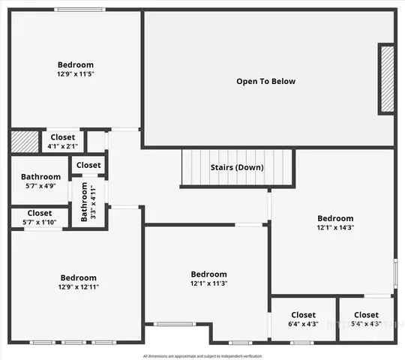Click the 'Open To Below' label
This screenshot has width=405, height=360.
click(265, 82)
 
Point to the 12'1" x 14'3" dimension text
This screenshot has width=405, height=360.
click(334, 228)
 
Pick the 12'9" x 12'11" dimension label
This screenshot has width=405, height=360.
click(78, 286)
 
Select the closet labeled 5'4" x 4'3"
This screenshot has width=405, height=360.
click(366, 324)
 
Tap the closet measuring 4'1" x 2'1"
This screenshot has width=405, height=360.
click(63, 146)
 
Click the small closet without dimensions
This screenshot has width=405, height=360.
click(88, 165)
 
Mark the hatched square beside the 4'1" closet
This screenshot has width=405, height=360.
click(24, 142)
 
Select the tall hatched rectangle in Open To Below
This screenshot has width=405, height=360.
click(386, 79)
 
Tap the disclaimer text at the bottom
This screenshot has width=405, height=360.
click(202, 355)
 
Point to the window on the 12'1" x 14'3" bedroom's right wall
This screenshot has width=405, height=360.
click(395, 271)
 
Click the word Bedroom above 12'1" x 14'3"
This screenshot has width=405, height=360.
click(334, 218)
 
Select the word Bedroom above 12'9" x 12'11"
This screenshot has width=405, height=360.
click(78, 277)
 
